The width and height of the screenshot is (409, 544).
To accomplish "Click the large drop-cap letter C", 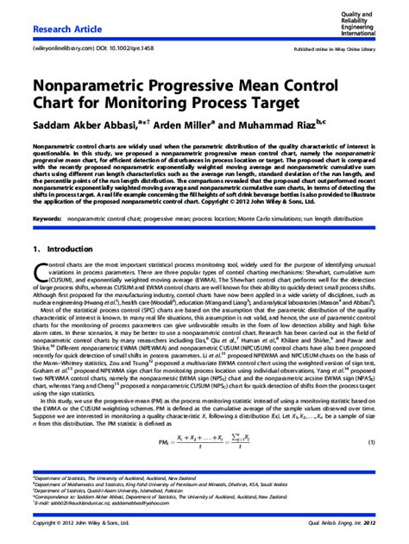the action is [x=39, y=276].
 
